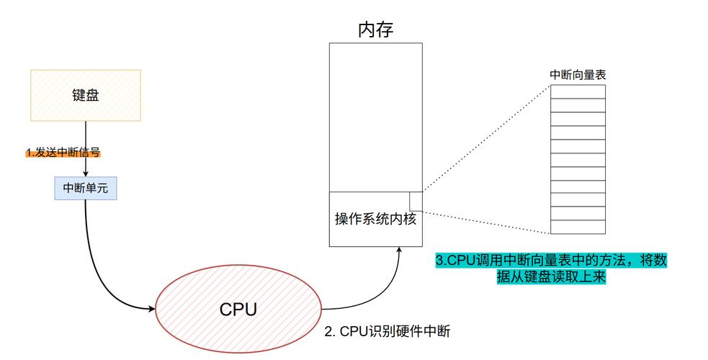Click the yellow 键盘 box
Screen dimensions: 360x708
coord(85,94)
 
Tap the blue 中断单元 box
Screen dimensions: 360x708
coord(86,188)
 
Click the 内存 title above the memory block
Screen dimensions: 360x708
coord(375,30)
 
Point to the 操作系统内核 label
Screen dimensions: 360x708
coord(375,219)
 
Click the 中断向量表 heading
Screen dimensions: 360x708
coord(577,74)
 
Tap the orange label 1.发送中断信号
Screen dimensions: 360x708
coord(63,153)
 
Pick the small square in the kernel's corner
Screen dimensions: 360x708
coord(416,201)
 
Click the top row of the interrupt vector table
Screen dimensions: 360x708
coord(578,91)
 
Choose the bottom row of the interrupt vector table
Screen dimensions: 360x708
coord(578,228)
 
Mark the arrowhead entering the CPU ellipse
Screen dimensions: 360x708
coord(152,309)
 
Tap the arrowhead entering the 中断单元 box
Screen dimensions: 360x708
coord(86,173)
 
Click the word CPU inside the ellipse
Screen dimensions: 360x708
coord(238,310)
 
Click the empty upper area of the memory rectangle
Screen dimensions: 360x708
coord(375,115)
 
